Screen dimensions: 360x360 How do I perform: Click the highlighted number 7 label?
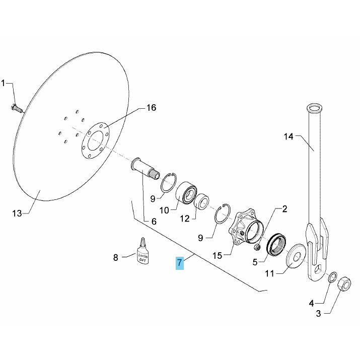[x=180, y=262]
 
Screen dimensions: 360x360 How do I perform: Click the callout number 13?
[x=17, y=213]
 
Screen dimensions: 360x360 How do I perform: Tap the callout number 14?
[x=289, y=136]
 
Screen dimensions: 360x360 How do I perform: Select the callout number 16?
[x=151, y=108]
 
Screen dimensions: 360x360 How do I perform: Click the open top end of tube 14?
[x=315, y=107]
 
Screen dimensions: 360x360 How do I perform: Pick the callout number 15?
[x=217, y=255]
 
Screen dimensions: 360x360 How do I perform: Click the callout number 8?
[x=115, y=258]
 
